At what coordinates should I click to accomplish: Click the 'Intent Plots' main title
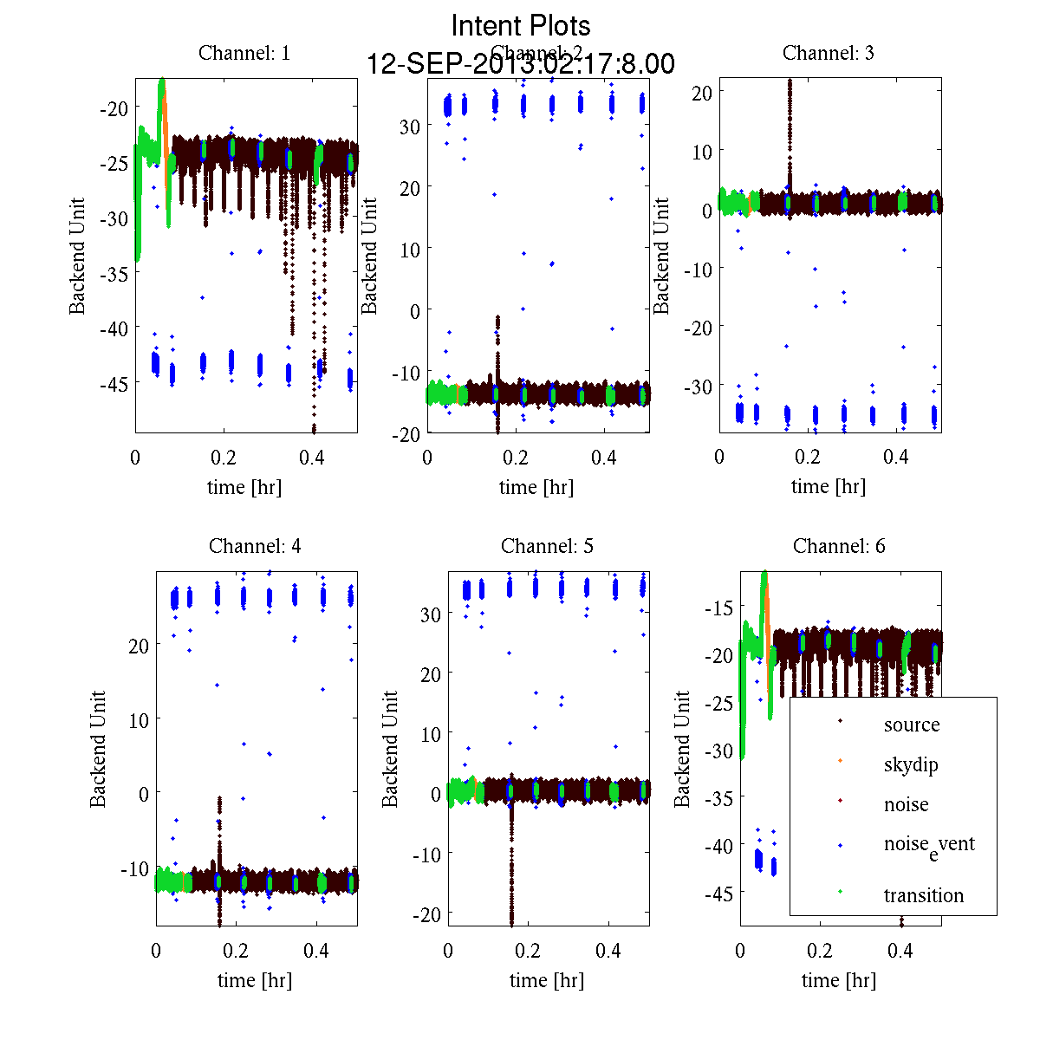[521, 25]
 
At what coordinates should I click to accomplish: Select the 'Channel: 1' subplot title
[244, 53]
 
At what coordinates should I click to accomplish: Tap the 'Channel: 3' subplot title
[828, 53]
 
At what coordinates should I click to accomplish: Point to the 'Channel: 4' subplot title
[255, 546]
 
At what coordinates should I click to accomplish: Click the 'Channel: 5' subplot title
[547, 546]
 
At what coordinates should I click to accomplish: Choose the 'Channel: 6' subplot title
[839, 546]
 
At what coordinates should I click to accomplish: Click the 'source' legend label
[911, 725]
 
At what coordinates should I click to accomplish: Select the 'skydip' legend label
[910, 764]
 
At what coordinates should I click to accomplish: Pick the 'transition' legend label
[923, 895]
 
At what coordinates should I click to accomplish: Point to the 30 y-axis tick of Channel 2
[409, 126]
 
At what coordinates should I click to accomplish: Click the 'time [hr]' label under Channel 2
[536, 487]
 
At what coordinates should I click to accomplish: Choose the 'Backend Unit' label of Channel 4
[98, 749]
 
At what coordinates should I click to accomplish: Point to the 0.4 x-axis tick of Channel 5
[608, 951]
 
